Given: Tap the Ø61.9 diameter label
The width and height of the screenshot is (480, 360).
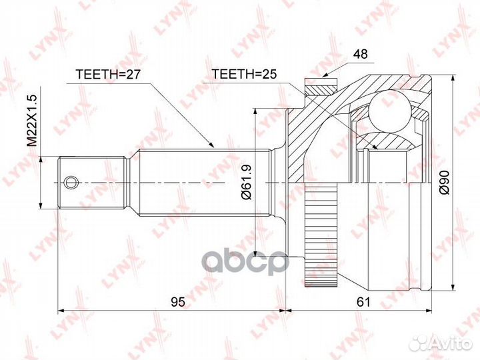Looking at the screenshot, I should (x=246, y=183).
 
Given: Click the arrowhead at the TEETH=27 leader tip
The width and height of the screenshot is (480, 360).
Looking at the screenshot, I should (x=212, y=145).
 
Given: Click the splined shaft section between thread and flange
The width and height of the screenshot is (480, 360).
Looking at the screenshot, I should (x=200, y=181).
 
